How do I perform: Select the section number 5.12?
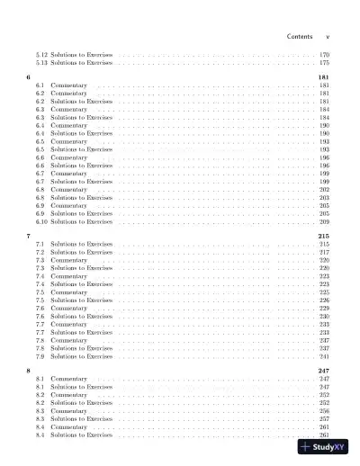[x=41, y=56]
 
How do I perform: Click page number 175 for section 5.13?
[x=324, y=64]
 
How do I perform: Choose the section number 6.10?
[x=41, y=221]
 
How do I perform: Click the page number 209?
[x=324, y=221]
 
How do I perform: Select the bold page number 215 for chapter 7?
[x=324, y=237]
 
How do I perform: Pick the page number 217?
[x=324, y=253]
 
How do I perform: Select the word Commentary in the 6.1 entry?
[x=68, y=86]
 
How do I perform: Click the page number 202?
[x=324, y=190]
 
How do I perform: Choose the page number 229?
[x=324, y=309]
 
